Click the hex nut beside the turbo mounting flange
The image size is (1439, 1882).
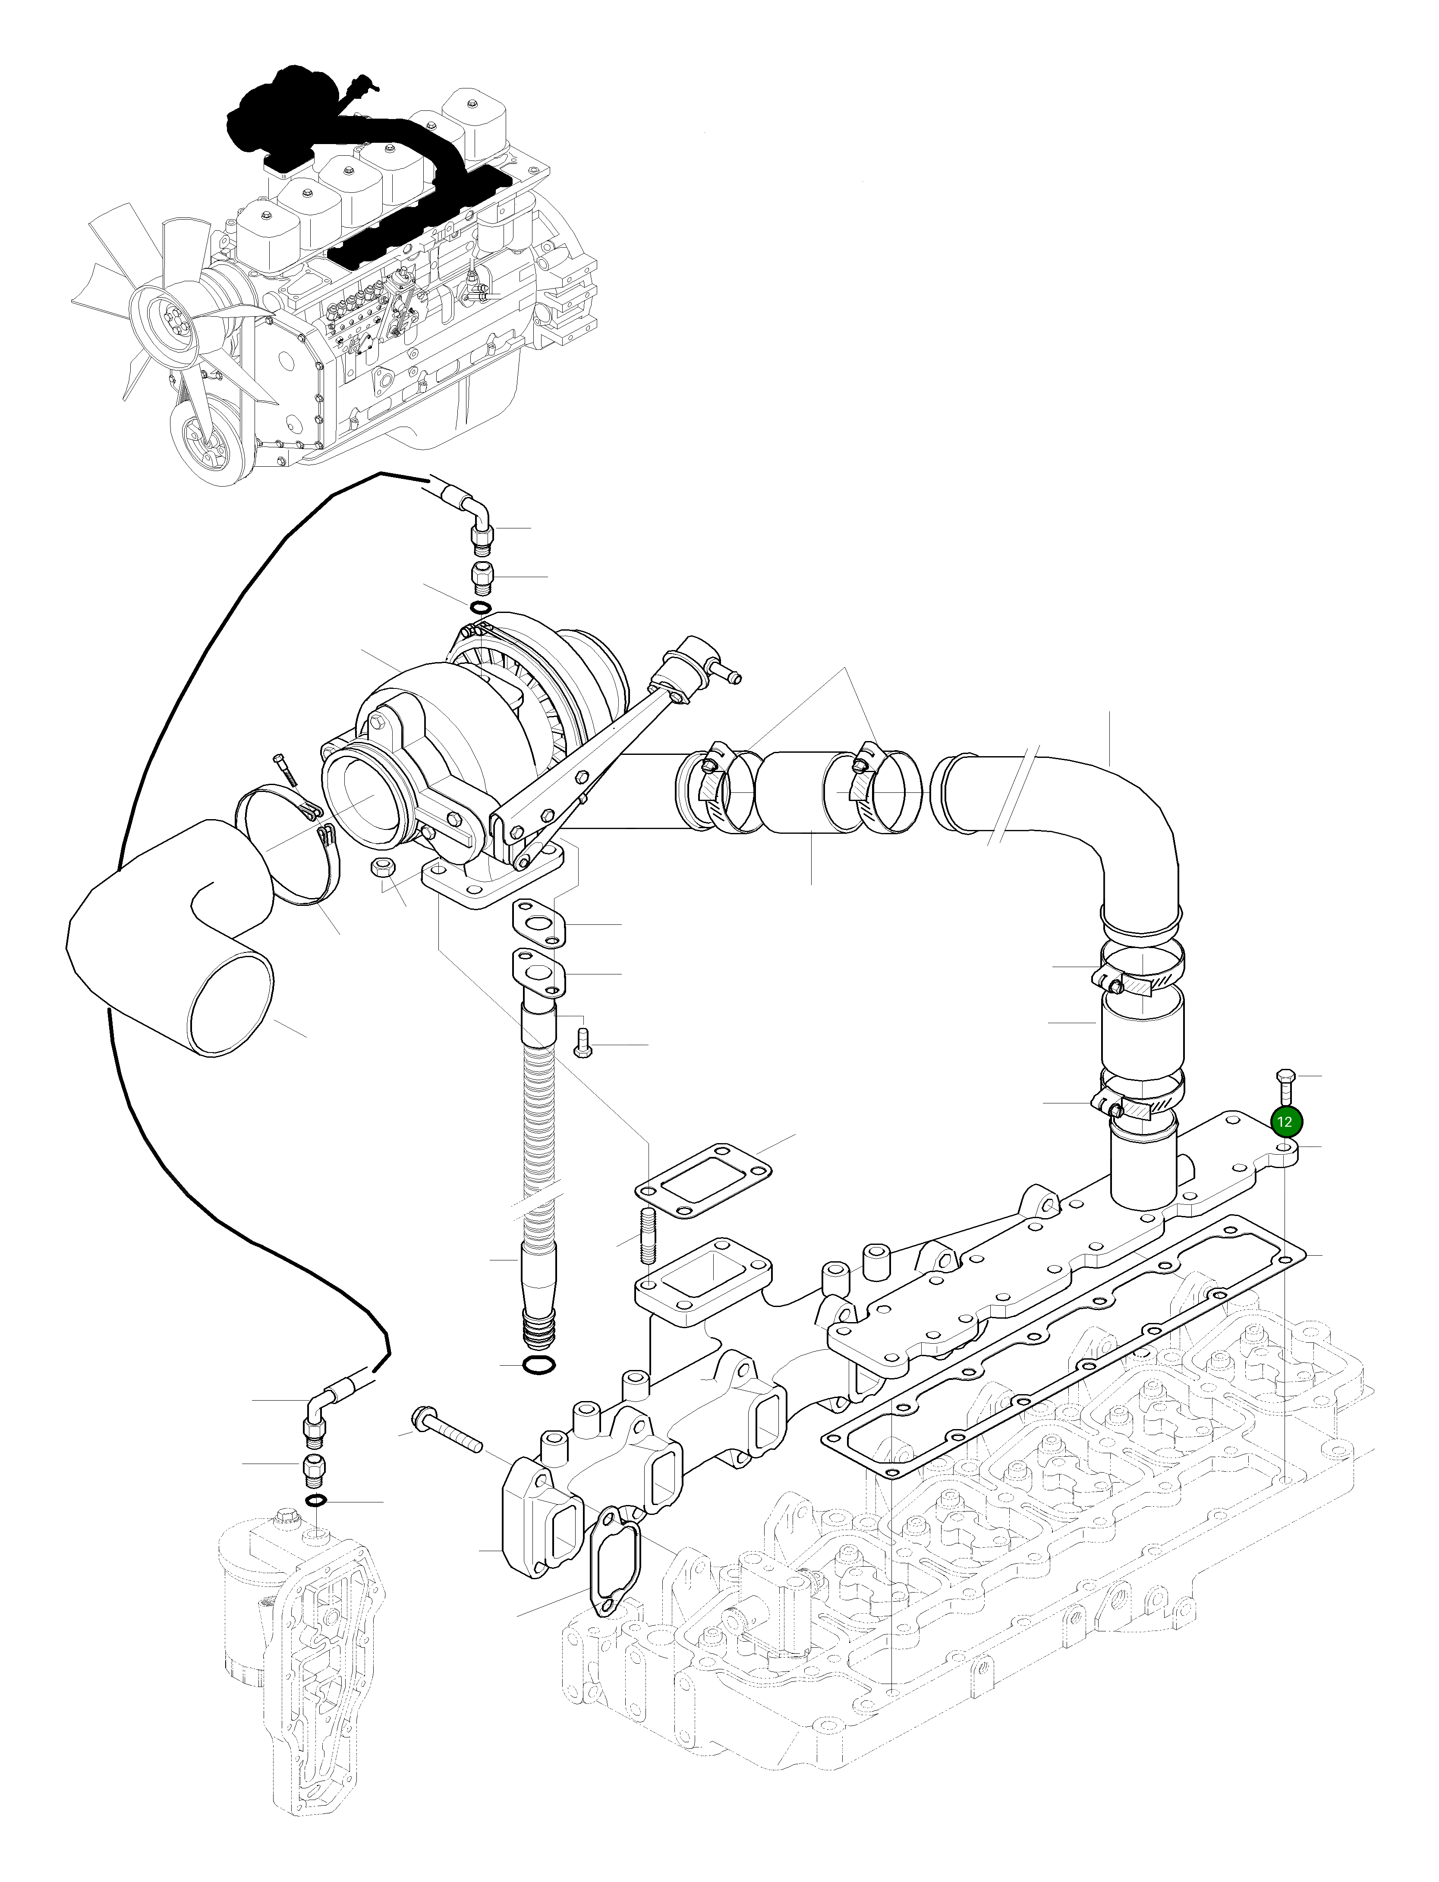coord(382,867)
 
